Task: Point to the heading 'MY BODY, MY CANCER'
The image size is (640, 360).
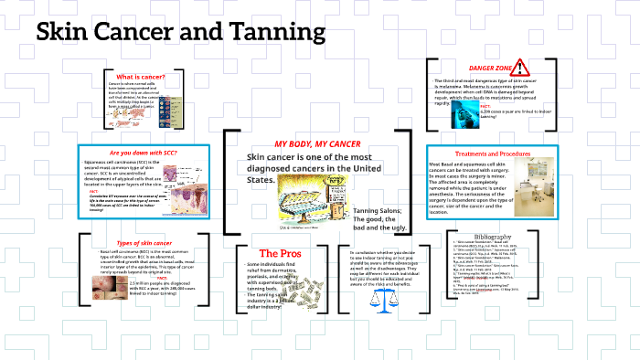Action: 317,144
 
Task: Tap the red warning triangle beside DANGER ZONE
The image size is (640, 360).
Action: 520,67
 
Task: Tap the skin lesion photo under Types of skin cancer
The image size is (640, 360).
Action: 116,290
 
